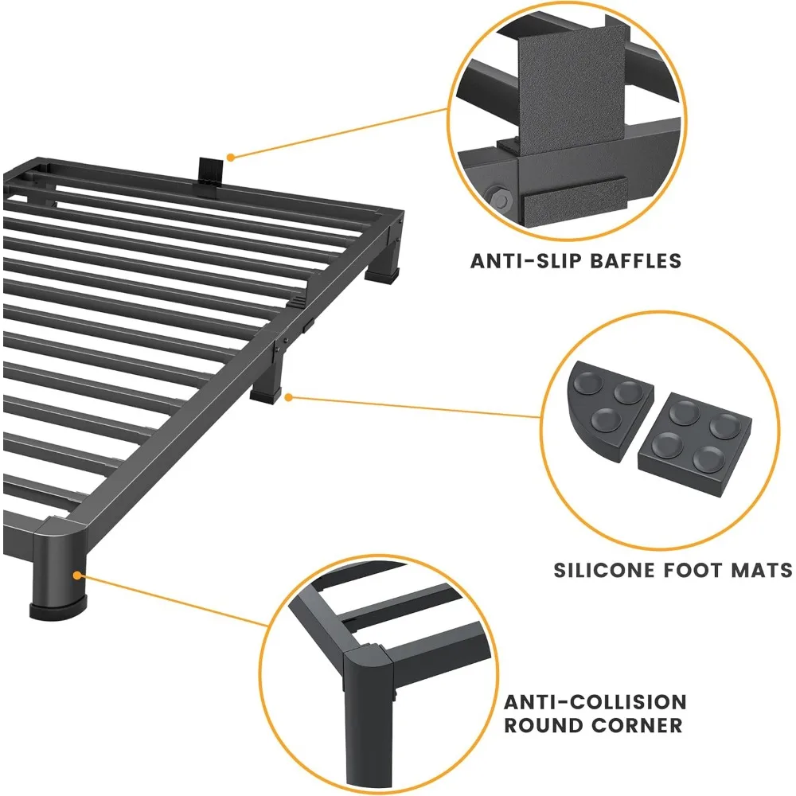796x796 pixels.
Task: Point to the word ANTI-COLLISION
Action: [x=595, y=701]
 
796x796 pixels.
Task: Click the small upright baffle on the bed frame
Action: [x=209, y=171]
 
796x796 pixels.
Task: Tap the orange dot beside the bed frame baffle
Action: [x=229, y=157]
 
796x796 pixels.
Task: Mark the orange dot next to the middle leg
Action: [x=290, y=396]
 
